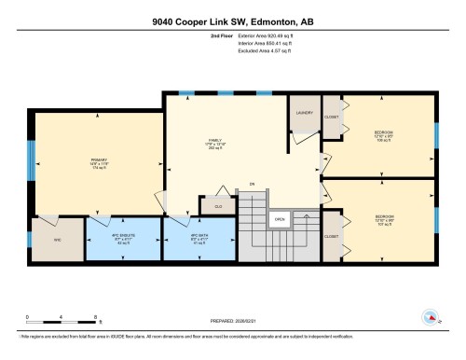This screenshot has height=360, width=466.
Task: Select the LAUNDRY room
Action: [x=304, y=113]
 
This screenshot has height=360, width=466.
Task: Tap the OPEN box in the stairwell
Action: [x=278, y=220]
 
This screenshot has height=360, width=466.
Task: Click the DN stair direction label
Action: [x=251, y=185]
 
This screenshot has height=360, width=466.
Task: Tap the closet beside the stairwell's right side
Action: [x=333, y=237]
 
